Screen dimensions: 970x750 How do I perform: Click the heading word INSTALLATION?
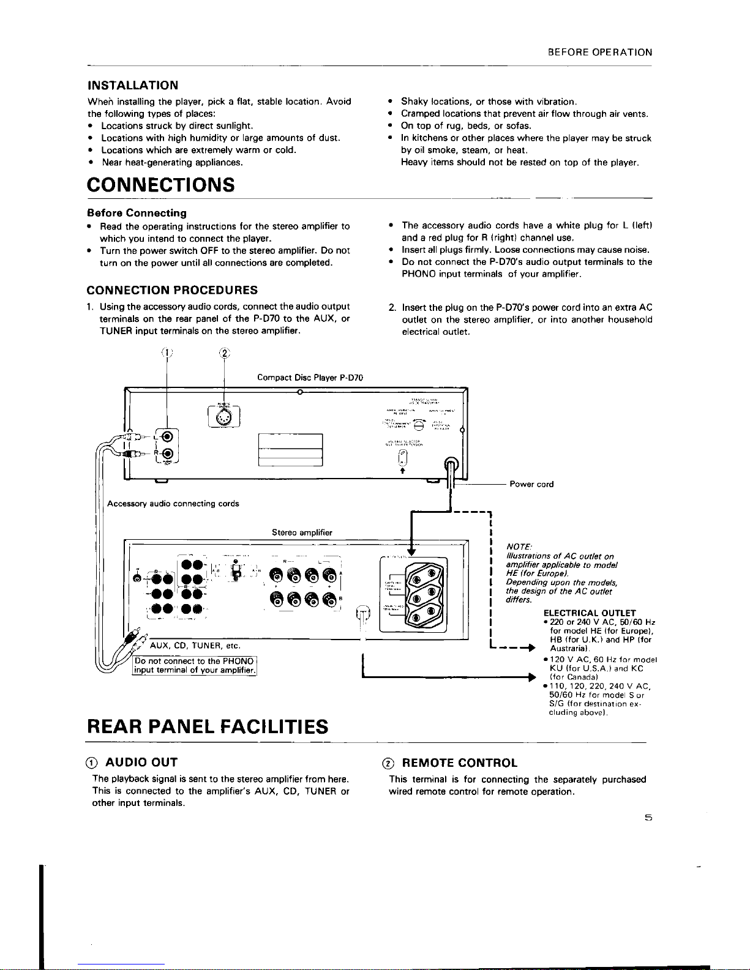(x=133, y=85)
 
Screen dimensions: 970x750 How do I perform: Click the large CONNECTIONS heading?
(x=161, y=184)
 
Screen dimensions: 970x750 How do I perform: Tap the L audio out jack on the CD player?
(x=167, y=437)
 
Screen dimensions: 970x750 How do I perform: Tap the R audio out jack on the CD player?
(x=167, y=454)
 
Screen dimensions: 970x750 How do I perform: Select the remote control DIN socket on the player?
(x=224, y=415)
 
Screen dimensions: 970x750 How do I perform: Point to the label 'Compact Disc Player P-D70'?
(x=310, y=378)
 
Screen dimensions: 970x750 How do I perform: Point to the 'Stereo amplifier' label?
(x=302, y=533)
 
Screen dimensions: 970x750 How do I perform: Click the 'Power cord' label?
(x=531, y=484)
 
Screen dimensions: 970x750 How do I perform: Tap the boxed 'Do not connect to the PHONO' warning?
(x=194, y=665)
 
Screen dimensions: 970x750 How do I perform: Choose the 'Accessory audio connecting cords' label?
(x=173, y=504)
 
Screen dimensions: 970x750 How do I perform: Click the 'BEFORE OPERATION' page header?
(x=600, y=53)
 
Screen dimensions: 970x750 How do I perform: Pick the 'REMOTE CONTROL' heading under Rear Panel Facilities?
(x=459, y=763)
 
